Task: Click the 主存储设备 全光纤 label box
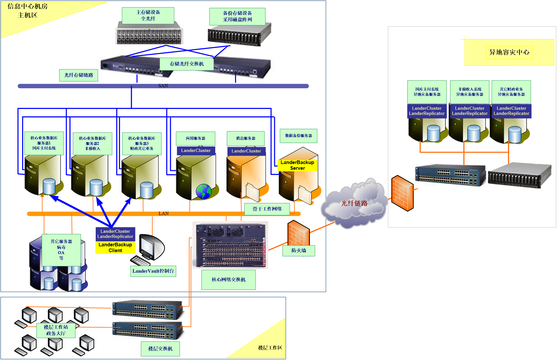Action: tap(148, 16)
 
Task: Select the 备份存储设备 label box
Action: tap(237, 17)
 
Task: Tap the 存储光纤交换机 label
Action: tap(187, 64)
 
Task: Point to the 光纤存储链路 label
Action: tap(79, 75)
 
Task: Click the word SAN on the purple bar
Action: tap(163, 86)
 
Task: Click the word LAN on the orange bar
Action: tap(164, 214)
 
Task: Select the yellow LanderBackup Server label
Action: tap(297, 165)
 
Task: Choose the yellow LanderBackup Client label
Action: tap(115, 248)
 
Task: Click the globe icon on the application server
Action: tap(203, 191)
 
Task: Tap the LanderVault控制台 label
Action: tap(153, 271)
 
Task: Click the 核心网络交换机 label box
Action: tap(228, 280)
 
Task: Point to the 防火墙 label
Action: tap(299, 250)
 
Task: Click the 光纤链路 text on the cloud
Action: tap(354, 203)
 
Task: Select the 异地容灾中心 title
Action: tap(509, 52)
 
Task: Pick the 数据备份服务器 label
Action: tap(298, 136)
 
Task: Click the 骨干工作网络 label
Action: tap(267, 209)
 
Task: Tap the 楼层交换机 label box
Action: tap(160, 349)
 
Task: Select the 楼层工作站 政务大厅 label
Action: tap(56, 330)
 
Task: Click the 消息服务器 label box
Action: tap(245, 138)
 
